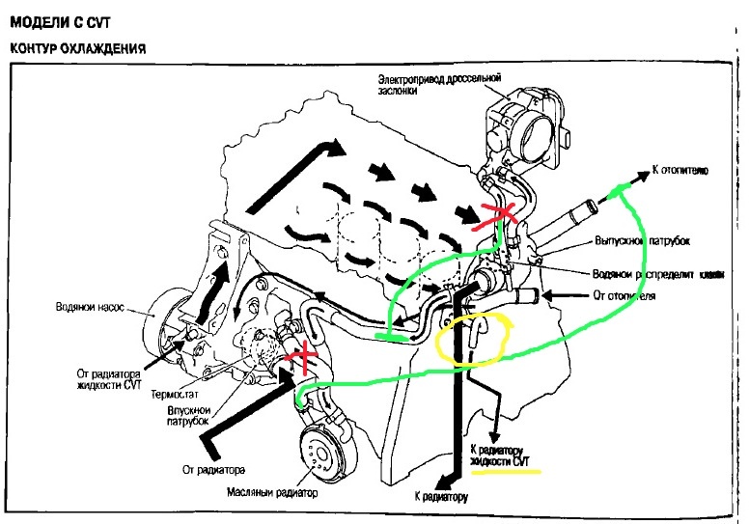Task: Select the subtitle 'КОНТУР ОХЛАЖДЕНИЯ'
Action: click(x=77, y=47)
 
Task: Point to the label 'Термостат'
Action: click(x=174, y=395)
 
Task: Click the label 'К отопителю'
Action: click(x=680, y=171)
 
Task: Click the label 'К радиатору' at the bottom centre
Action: click(x=441, y=498)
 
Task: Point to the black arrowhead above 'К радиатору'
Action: click(x=448, y=480)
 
